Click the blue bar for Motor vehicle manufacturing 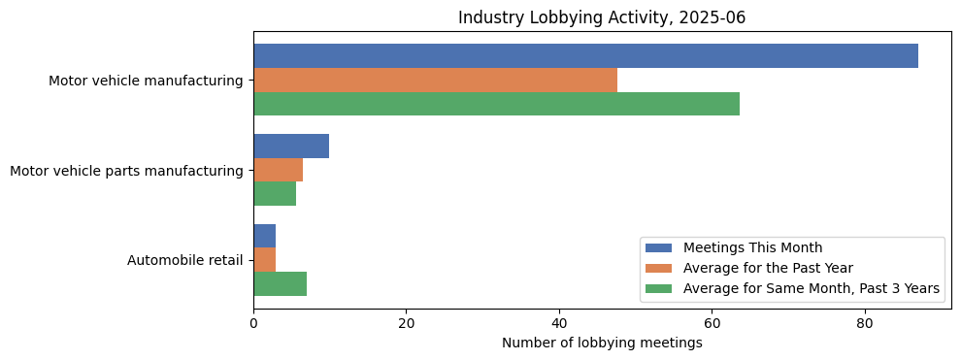(585, 56)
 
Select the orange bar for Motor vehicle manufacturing (435, 81)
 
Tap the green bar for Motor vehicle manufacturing (496, 104)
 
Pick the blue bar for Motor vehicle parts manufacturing (291, 147)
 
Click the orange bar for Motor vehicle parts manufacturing (278, 170)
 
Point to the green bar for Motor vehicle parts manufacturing (275, 194)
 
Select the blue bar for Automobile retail (264, 236)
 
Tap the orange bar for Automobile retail (264, 260)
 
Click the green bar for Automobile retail (280, 283)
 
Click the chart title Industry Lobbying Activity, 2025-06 (602, 17)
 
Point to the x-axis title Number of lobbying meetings (602, 343)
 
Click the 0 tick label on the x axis (253, 324)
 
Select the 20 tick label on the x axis (406, 324)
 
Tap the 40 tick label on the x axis (559, 324)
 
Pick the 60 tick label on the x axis (712, 324)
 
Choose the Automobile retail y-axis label (184, 260)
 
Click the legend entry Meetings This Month (752, 247)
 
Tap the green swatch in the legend (659, 288)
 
